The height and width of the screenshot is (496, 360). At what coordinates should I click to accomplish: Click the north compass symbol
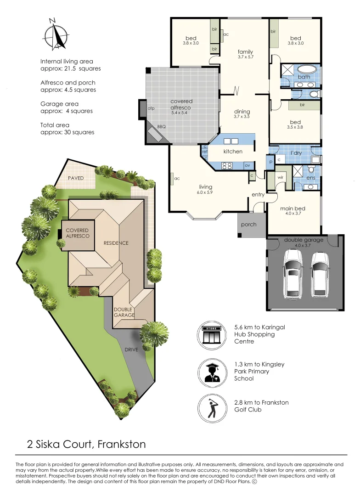[x=55, y=35]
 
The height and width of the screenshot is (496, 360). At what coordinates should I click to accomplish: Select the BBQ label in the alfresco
[x=161, y=126]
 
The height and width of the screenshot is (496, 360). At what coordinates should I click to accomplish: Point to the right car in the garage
[x=320, y=274]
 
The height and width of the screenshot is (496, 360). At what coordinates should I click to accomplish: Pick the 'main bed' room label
[x=292, y=209]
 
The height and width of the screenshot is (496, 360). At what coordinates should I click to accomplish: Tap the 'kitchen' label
[x=233, y=152]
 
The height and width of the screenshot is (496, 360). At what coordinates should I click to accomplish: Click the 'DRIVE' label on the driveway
[x=131, y=349]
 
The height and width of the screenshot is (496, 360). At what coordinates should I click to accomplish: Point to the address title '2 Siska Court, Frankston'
[x=86, y=444]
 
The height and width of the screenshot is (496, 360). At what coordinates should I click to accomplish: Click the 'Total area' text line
[x=58, y=125]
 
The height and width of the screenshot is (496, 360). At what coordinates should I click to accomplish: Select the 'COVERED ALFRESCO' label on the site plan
[x=77, y=233]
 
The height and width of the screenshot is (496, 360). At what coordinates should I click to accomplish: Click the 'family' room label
[x=245, y=52]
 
